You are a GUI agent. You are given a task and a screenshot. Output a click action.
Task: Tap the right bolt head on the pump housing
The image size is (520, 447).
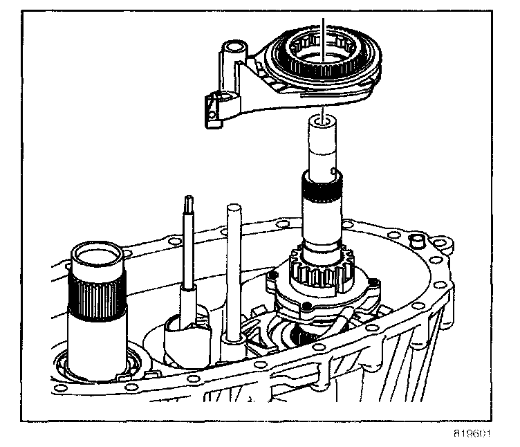point(373,282)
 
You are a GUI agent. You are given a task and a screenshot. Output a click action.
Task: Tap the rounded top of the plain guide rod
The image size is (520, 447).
point(231,208)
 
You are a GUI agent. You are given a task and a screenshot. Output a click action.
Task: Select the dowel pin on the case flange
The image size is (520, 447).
point(418,241)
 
